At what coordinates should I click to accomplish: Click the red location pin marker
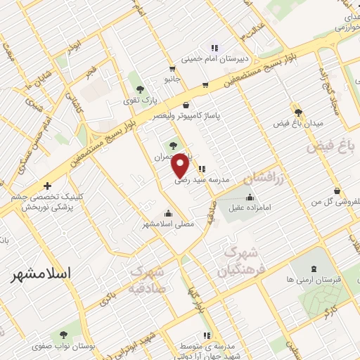[x=180, y=165]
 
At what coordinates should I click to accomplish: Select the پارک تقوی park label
[x=141, y=101]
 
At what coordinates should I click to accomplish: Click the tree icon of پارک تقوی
[x=141, y=89]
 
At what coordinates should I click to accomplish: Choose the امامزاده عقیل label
[x=251, y=208]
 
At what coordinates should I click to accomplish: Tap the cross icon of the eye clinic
[x=46, y=186]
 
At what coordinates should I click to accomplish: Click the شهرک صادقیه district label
[x=148, y=281]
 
